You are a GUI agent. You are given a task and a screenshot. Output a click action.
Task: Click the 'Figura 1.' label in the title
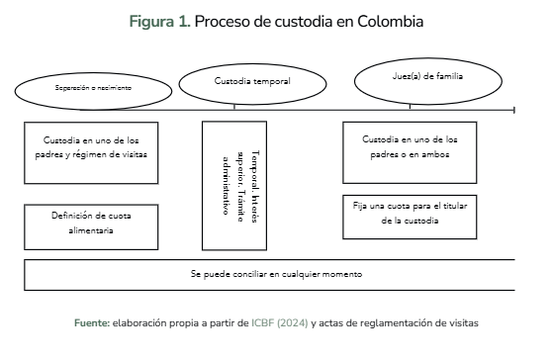[160, 22]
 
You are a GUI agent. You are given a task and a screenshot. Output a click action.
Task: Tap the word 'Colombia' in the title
[390, 22]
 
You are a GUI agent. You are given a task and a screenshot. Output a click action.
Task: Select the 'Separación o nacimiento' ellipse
[93, 91]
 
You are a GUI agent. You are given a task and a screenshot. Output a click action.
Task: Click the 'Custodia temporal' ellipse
[252, 84]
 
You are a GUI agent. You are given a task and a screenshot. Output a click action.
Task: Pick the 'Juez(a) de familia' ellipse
[428, 81]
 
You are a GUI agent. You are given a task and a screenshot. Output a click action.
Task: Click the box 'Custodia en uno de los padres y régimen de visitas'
[91, 153]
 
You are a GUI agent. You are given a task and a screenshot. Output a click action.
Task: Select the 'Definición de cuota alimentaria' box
[91, 227]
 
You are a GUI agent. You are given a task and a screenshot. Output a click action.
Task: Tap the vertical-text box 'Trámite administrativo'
[234, 186]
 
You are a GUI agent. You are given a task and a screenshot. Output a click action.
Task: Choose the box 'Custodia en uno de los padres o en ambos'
[410, 152]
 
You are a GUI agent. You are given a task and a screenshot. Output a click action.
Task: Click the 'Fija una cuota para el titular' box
[410, 218]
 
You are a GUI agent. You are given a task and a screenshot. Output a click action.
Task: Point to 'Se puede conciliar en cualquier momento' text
[276, 274]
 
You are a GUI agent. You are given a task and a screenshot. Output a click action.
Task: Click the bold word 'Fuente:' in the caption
[92, 323]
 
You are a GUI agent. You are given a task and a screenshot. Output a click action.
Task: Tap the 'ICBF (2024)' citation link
[280, 323]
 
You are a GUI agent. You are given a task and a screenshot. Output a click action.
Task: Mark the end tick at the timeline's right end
[514, 110]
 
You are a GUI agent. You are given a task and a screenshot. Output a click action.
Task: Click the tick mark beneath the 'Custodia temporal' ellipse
[234, 107]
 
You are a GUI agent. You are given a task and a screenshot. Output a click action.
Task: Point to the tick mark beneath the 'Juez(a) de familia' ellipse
[410, 107]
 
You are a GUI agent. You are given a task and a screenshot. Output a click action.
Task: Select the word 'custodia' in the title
[304, 22]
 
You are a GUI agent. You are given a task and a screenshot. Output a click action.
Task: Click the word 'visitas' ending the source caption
[463, 323]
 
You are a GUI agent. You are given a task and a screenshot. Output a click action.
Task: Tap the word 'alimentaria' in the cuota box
[91, 230]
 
